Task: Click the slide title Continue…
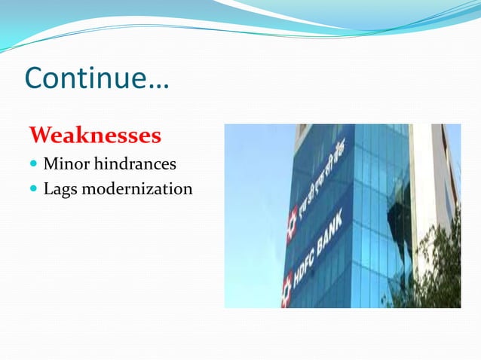97,78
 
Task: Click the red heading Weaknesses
95,136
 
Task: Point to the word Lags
60,188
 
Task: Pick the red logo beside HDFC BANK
287,289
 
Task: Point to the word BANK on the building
331,233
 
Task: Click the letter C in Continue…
35,78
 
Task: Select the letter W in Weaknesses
41,136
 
